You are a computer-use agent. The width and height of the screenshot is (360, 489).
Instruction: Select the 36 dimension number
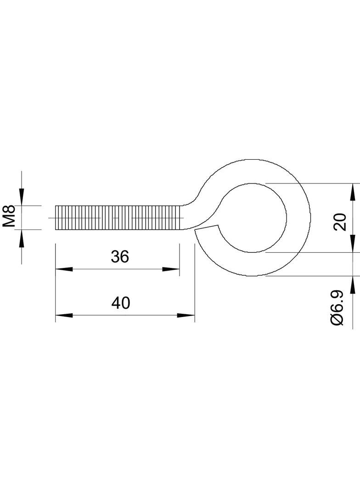[119, 257]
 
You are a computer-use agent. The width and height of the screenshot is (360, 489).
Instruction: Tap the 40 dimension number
[120, 303]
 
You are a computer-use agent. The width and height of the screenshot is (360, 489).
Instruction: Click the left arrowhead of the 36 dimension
[64, 269]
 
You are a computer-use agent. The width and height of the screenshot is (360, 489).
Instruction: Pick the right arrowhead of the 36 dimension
[171, 269]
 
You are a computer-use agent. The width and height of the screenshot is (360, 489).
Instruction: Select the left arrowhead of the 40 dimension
[64, 315]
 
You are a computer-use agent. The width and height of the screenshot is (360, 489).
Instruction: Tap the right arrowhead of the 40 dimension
[186, 315]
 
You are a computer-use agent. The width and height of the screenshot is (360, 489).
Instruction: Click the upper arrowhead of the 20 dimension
[353, 192]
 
